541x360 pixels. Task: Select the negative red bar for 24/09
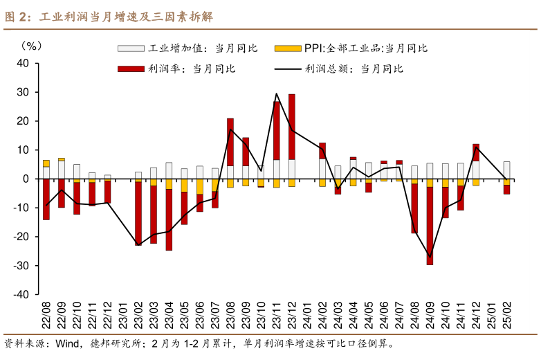[430, 226]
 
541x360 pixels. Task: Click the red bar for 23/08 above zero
[230, 142]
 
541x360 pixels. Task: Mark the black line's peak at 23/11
[276, 93]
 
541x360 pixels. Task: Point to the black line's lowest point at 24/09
[430, 257]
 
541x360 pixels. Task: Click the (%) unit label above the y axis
[31, 46]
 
